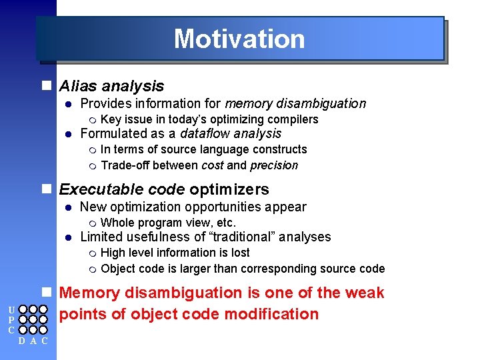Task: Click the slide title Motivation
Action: click(239, 39)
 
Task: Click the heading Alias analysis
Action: click(111, 86)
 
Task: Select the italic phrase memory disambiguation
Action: click(295, 103)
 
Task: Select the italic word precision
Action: click(274, 165)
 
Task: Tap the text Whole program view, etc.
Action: click(168, 223)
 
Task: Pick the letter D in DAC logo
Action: click(23, 341)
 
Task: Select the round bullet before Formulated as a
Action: click(67, 134)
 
